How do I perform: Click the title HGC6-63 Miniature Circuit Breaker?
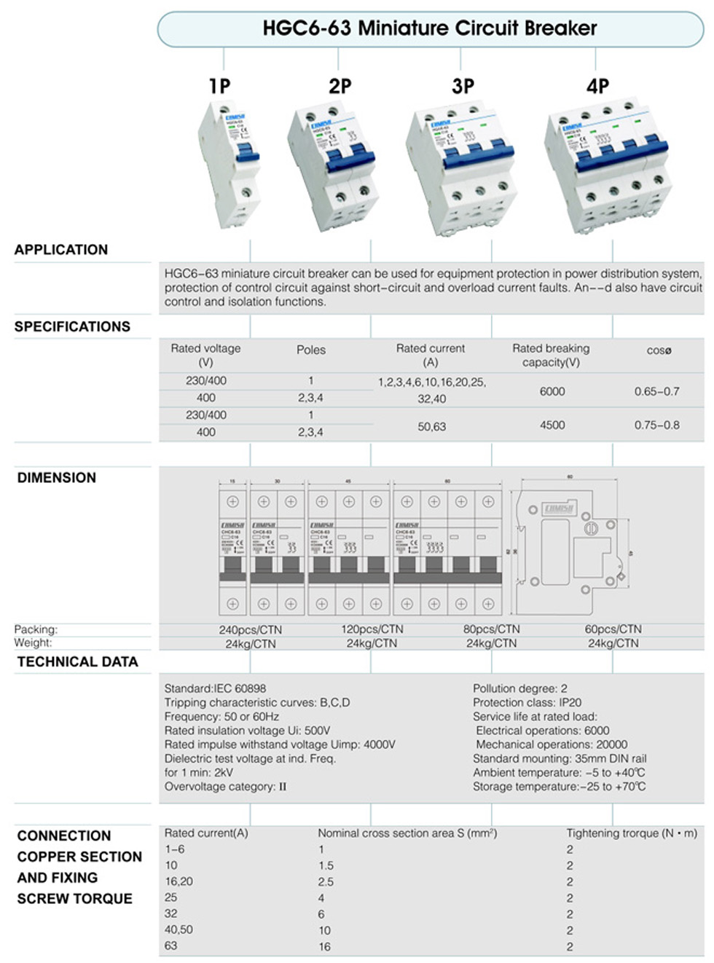[429, 28]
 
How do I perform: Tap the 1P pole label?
[219, 86]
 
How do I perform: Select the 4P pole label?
[597, 86]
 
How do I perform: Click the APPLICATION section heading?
[61, 250]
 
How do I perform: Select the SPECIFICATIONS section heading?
[72, 327]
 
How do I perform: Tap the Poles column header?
[311, 350]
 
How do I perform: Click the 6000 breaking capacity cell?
[552, 392]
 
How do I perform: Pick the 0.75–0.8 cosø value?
[656, 425]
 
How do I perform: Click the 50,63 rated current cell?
[431, 427]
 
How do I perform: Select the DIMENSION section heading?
[57, 478]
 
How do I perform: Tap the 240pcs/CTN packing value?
[251, 630]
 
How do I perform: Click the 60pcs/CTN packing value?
[613, 629]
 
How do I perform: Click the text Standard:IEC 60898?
[215, 688]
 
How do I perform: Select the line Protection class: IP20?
[527, 702]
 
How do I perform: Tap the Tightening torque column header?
[631, 833]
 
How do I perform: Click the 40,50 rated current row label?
[178, 929]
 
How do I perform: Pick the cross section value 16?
[324, 947]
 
